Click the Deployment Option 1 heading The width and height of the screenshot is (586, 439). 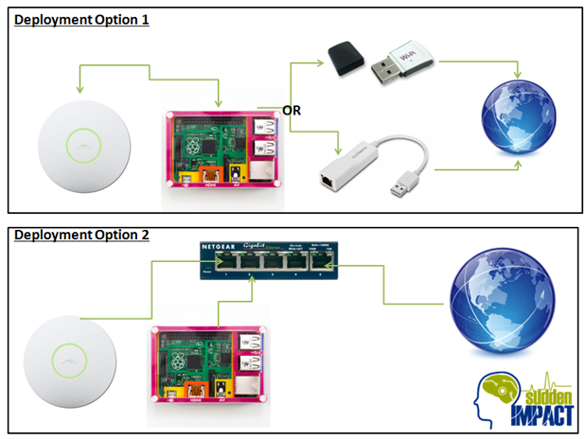click(80, 19)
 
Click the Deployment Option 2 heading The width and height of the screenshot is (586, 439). click(80, 235)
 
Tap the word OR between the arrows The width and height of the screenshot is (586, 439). click(292, 111)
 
